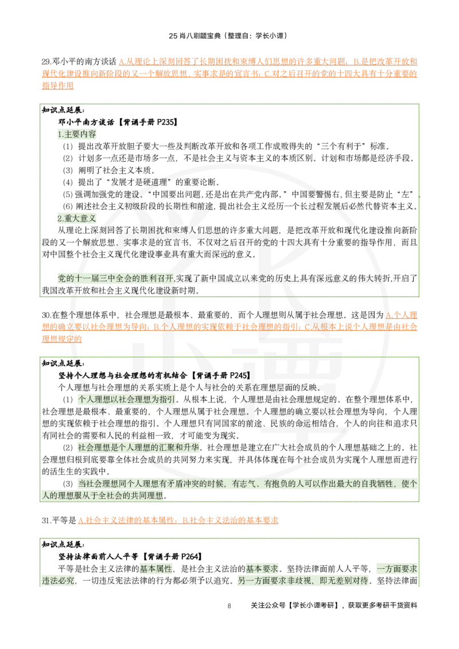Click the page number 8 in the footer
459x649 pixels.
point(229,606)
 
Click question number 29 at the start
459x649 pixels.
point(46,62)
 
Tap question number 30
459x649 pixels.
point(46,315)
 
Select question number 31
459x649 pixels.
point(46,520)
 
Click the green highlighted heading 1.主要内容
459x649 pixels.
point(77,134)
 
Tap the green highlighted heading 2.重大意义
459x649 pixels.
point(77,218)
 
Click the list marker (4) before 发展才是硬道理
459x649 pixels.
point(68,182)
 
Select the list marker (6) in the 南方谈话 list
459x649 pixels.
point(68,206)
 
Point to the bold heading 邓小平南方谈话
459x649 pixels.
point(85,122)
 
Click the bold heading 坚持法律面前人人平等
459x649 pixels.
point(98,557)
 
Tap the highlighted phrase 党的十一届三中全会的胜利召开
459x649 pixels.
point(116,279)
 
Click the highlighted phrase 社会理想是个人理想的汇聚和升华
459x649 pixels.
point(138,448)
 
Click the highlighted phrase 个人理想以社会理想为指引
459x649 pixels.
point(126,400)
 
